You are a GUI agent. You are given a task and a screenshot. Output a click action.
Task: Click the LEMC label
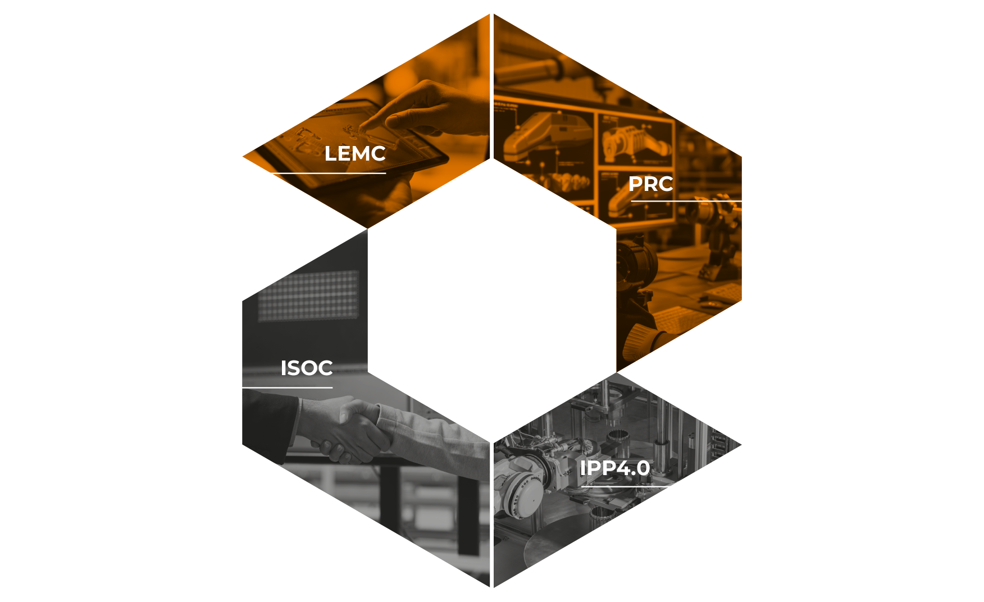(355, 154)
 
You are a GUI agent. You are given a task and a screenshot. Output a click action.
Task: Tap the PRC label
(650, 184)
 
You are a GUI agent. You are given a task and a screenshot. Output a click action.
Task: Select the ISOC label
(307, 368)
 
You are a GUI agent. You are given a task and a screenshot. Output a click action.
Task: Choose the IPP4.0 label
(615, 468)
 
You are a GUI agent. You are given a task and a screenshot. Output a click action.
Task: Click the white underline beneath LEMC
(329, 174)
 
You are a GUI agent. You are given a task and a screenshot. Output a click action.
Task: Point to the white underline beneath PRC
(686, 200)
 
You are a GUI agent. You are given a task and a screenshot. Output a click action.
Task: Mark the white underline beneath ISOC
(288, 387)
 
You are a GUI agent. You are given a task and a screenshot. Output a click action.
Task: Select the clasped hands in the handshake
(348, 430)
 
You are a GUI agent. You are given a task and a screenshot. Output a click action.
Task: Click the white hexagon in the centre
(492, 300)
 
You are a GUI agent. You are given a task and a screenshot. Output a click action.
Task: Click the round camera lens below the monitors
(637, 264)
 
